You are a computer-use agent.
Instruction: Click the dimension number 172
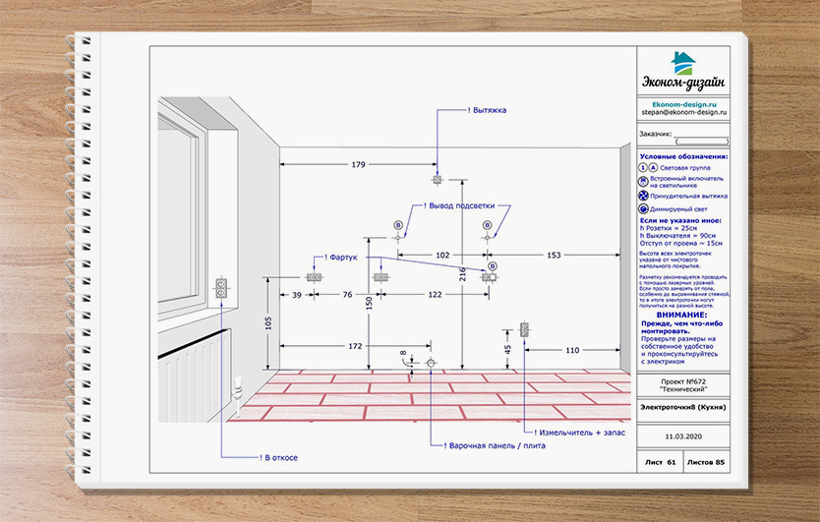tap(355, 346)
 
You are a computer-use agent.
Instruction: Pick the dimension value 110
tap(572, 350)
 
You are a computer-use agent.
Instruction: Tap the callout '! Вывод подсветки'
tap(467, 206)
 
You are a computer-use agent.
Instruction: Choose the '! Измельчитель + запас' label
tap(574, 433)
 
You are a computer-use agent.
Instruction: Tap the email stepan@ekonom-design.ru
tap(683, 113)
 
